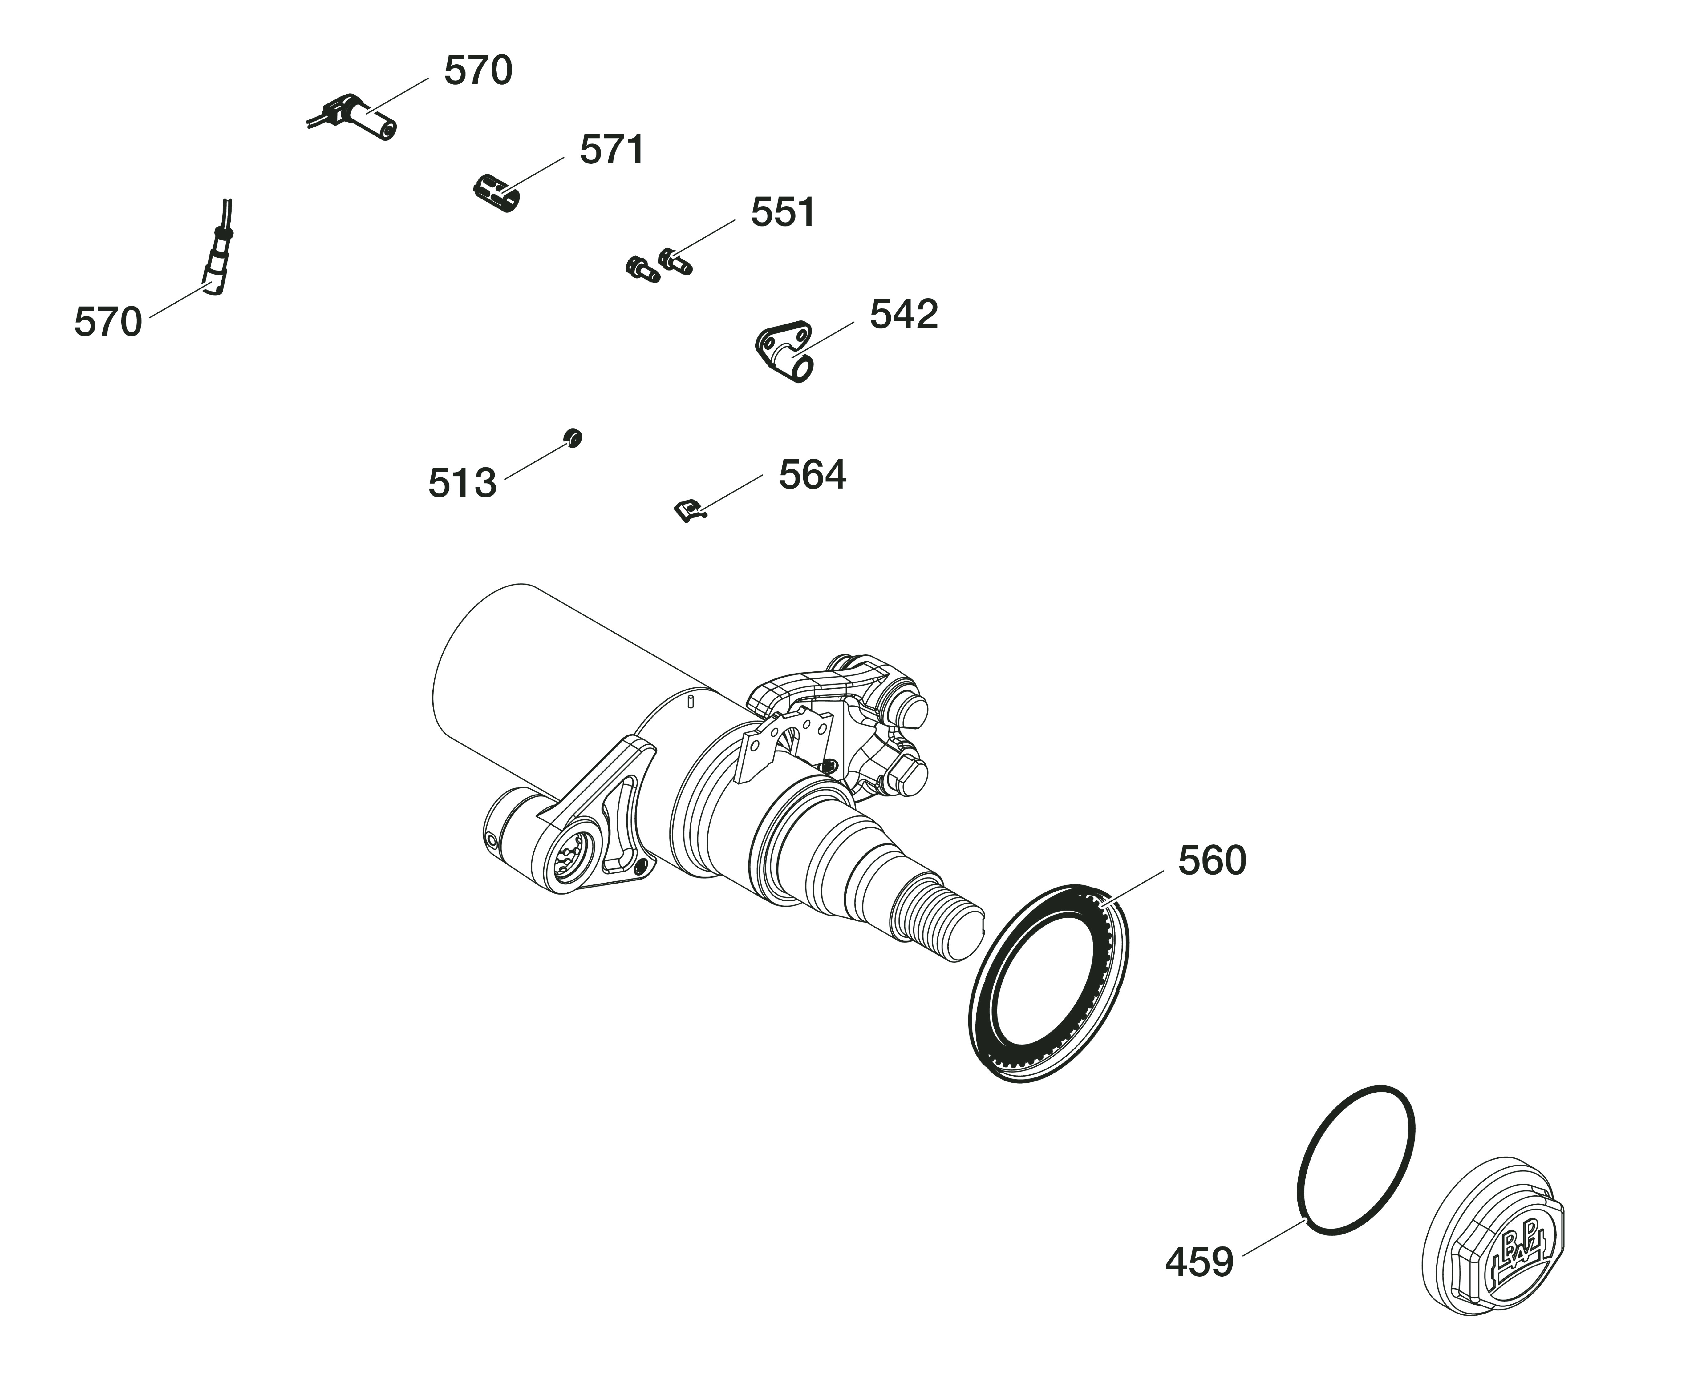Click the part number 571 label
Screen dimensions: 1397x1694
point(612,151)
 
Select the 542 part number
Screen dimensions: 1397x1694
point(903,315)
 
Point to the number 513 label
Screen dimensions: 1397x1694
point(461,484)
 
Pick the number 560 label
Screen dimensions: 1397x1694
point(1212,861)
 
